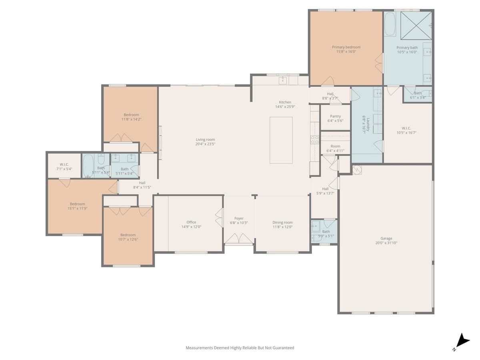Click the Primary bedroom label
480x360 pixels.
tap(346, 47)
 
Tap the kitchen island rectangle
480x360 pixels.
tap(281, 140)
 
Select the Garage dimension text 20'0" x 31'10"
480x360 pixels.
tap(386, 243)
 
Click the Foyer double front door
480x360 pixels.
tap(239, 239)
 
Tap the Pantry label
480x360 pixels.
tap(335, 116)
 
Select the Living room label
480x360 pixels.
tap(205, 140)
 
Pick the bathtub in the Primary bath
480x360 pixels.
tap(390, 24)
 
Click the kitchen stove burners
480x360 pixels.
tap(315, 139)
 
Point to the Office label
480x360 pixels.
tap(191, 222)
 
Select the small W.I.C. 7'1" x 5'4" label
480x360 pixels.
tap(64, 164)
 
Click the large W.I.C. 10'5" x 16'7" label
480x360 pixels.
tap(404, 128)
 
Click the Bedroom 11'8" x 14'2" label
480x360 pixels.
tap(131, 115)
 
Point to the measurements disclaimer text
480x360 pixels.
tap(240, 348)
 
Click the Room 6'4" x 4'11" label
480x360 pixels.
tap(335, 146)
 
